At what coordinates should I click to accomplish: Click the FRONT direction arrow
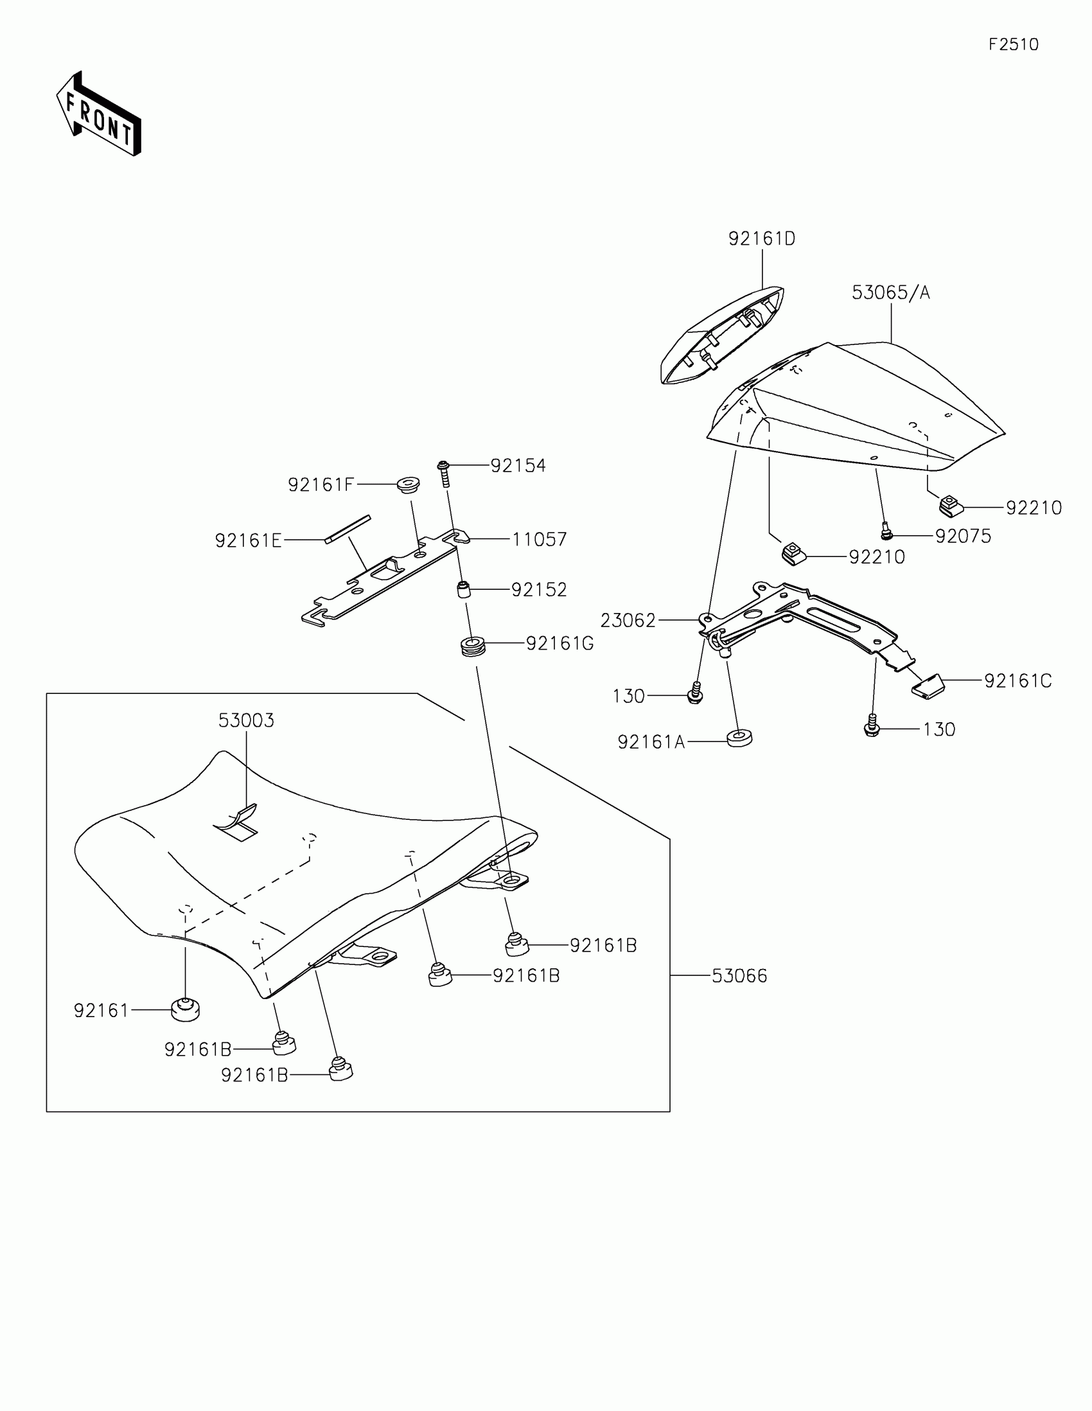coord(98,114)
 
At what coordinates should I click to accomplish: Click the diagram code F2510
coord(1013,44)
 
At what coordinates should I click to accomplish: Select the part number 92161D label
coord(761,239)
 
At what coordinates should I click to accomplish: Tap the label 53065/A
coord(890,292)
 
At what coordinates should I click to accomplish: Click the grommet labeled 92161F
coord(408,484)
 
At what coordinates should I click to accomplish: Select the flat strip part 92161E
coord(348,529)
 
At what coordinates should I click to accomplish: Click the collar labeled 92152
coord(463,590)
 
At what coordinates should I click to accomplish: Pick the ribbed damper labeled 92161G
coord(473,645)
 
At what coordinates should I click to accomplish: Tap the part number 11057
coord(539,539)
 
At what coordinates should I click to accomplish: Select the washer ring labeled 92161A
coord(739,738)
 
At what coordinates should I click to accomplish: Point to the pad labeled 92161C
coord(929,686)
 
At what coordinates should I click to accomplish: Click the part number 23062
coord(628,620)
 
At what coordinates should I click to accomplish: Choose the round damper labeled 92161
coord(186,1009)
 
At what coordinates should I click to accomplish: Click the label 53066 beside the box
coord(739,975)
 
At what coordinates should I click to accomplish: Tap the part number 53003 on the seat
coord(246,720)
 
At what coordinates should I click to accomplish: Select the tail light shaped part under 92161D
coord(721,336)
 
